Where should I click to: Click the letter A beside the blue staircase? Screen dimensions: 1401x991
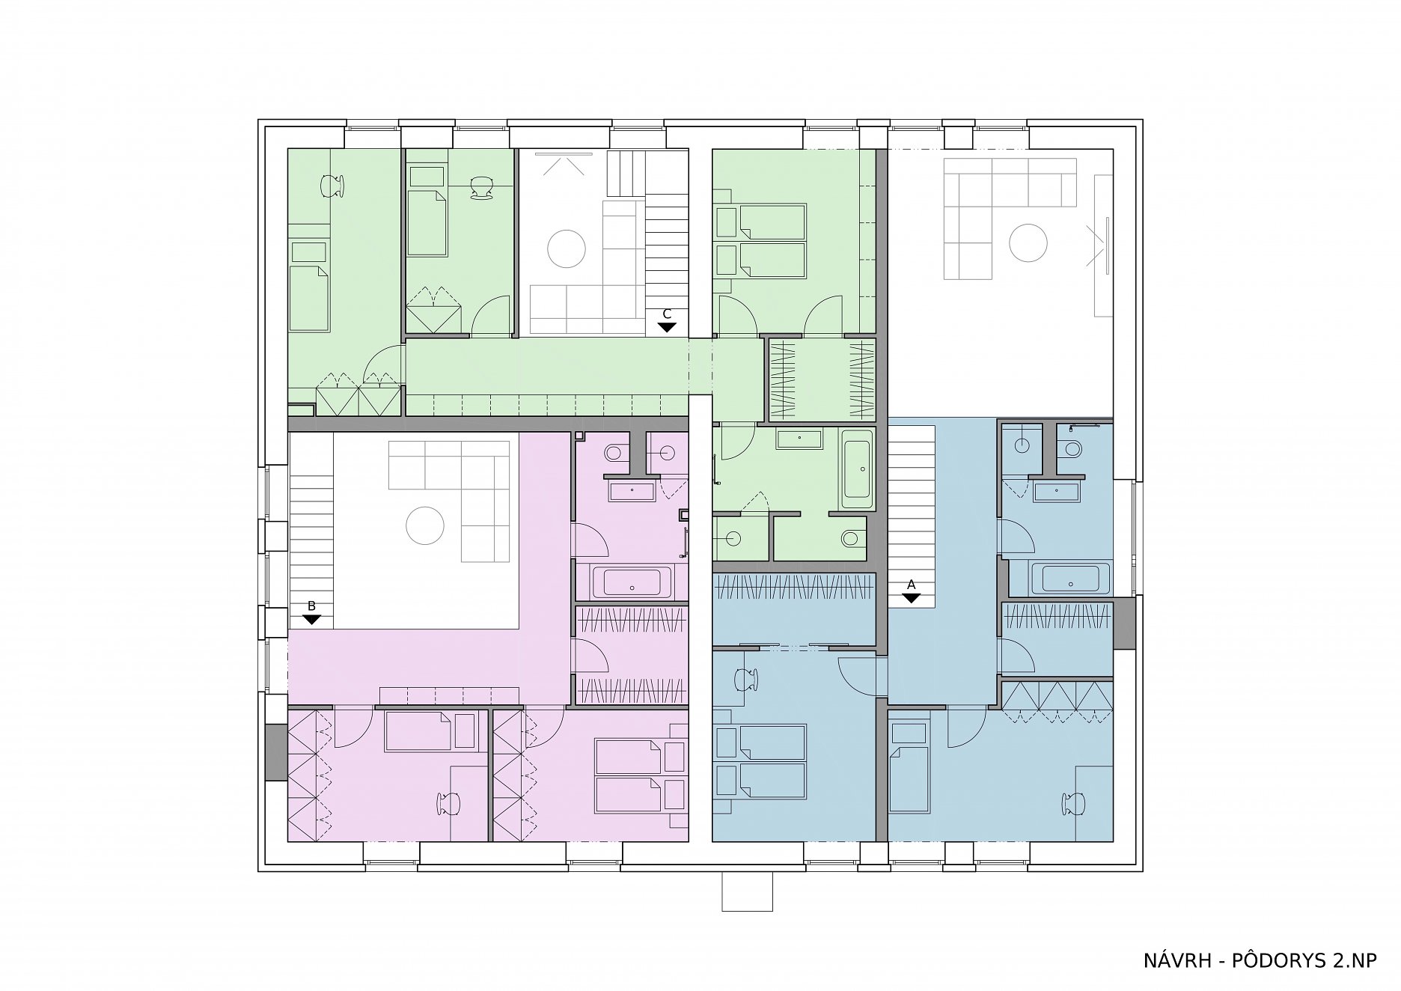[x=911, y=584]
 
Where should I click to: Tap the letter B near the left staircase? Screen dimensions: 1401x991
[x=311, y=606]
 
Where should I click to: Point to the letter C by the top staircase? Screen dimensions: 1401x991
[x=667, y=314]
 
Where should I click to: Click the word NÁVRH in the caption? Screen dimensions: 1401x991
[x=1177, y=960]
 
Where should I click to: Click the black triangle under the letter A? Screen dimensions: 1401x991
[x=911, y=598]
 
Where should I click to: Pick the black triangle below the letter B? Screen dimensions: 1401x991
[x=311, y=620]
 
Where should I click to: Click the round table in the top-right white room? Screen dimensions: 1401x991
[x=1028, y=243]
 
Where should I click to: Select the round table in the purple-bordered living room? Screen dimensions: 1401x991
[x=425, y=525]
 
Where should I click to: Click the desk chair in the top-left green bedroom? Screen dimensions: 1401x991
[x=333, y=186]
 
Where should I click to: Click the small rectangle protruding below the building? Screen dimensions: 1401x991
[x=747, y=891]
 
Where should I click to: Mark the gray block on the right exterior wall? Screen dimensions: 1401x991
[x=1124, y=623]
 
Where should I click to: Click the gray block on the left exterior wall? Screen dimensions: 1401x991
[x=276, y=752]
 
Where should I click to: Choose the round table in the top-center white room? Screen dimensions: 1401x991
[x=566, y=248]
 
